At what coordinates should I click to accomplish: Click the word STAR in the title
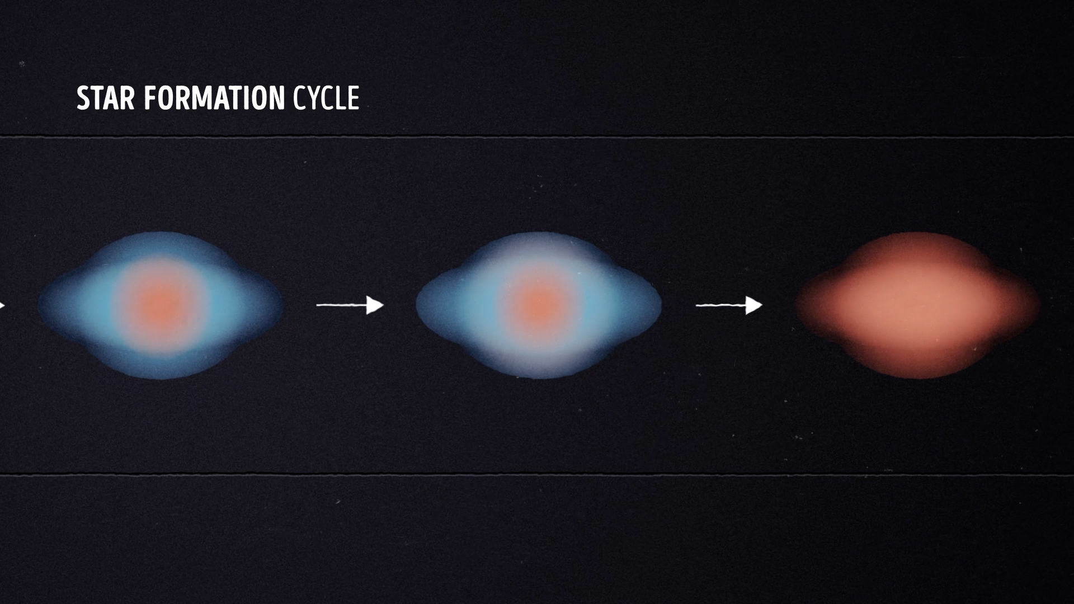point(106,98)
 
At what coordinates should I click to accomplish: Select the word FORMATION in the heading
point(214,98)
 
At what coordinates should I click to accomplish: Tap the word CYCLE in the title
point(326,98)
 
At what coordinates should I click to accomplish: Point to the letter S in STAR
point(83,98)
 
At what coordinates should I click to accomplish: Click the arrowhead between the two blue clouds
point(375,305)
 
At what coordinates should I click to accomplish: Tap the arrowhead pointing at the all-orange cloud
point(754,305)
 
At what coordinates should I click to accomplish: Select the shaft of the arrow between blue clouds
point(342,305)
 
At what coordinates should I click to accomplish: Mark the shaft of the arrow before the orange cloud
point(721,305)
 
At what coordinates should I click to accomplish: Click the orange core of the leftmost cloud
point(161,304)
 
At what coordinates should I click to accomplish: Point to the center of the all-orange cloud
point(917,305)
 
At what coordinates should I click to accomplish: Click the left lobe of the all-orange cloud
point(819,305)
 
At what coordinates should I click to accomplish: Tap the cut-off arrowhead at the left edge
point(2,305)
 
